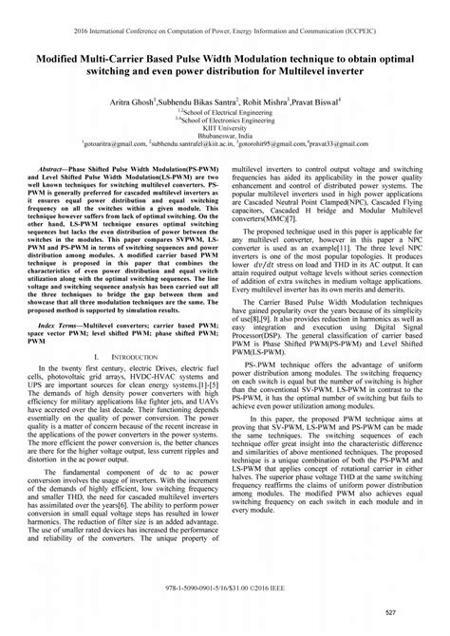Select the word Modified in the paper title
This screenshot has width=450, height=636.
pyautogui.click(x=62, y=58)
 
